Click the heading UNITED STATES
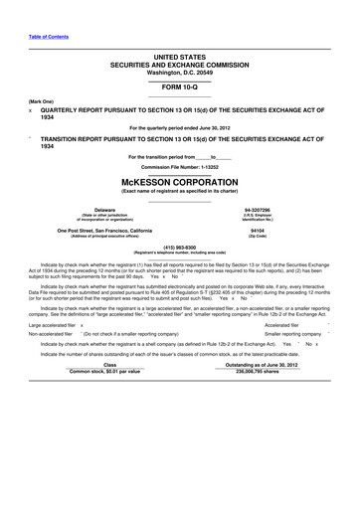click(179, 61)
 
